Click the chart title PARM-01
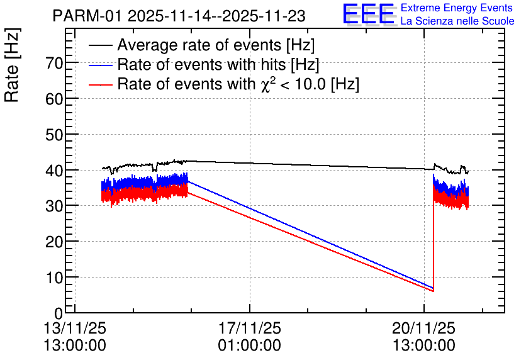point(179,16)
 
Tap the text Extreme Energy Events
point(457,8)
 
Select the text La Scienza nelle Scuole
point(457,21)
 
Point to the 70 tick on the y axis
point(55,63)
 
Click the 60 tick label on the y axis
point(55,99)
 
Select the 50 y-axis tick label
point(55,135)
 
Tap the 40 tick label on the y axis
point(55,171)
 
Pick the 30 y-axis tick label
point(55,206)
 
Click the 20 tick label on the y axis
point(55,242)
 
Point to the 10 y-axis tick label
point(55,278)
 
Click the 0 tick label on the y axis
point(59,313)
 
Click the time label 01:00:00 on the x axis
point(250,345)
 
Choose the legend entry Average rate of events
point(216,45)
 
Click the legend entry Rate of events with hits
point(218,65)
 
